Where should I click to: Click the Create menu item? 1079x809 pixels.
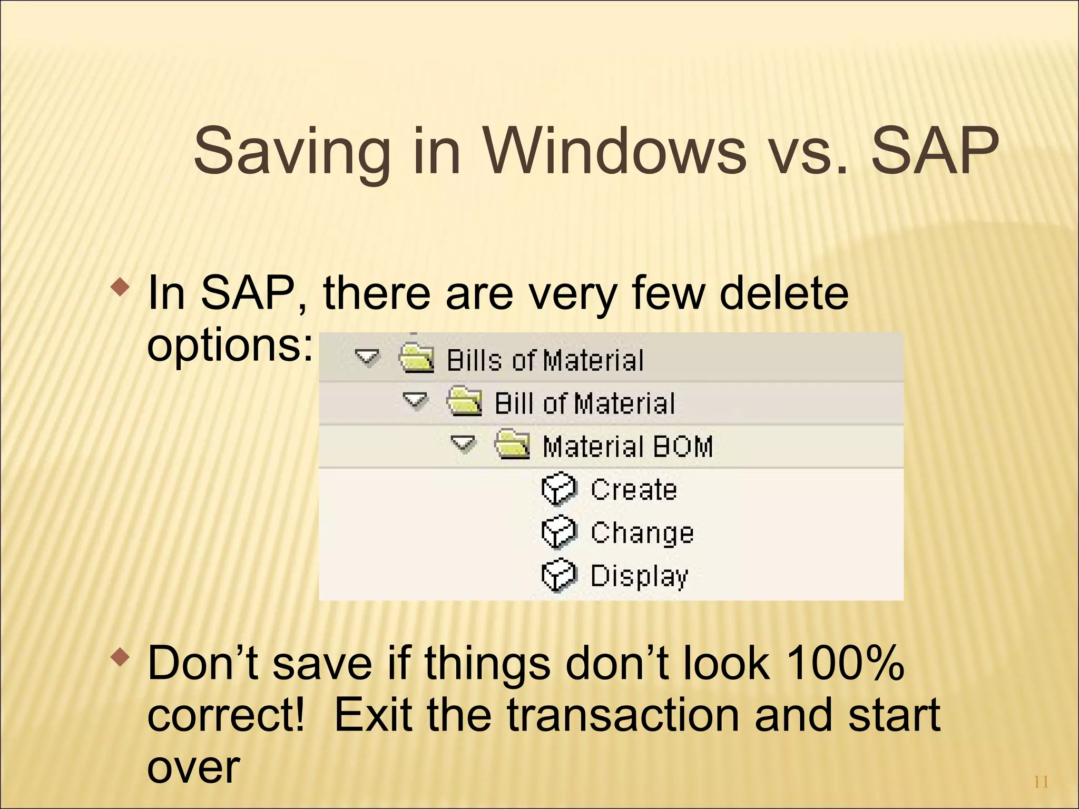coord(634,490)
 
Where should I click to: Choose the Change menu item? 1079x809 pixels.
coord(642,533)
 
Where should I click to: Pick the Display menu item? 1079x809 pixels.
coord(639,576)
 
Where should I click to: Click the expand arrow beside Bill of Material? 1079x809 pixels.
coord(415,401)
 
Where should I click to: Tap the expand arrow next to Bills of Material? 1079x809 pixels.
coord(367,358)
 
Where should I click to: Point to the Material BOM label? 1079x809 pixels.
coord(627,447)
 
